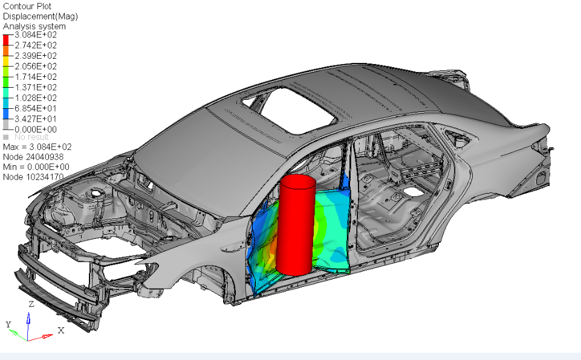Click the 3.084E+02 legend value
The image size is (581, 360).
pos(36,35)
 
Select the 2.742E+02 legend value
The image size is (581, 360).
pos(36,45)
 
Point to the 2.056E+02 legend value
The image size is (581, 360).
pos(36,67)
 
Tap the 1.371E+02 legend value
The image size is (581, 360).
pos(36,88)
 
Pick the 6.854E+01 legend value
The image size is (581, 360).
pos(36,108)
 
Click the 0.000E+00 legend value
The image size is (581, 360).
pos(36,129)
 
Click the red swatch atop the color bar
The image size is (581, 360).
pos(5,40)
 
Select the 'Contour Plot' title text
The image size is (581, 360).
pos(27,6)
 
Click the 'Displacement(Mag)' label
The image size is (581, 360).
pos(41,16)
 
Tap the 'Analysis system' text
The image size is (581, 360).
pos(34,27)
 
